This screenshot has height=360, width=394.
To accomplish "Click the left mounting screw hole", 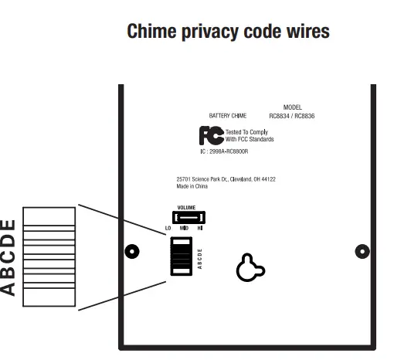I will (132, 252).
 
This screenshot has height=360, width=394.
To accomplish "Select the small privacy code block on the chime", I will (180, 256).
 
